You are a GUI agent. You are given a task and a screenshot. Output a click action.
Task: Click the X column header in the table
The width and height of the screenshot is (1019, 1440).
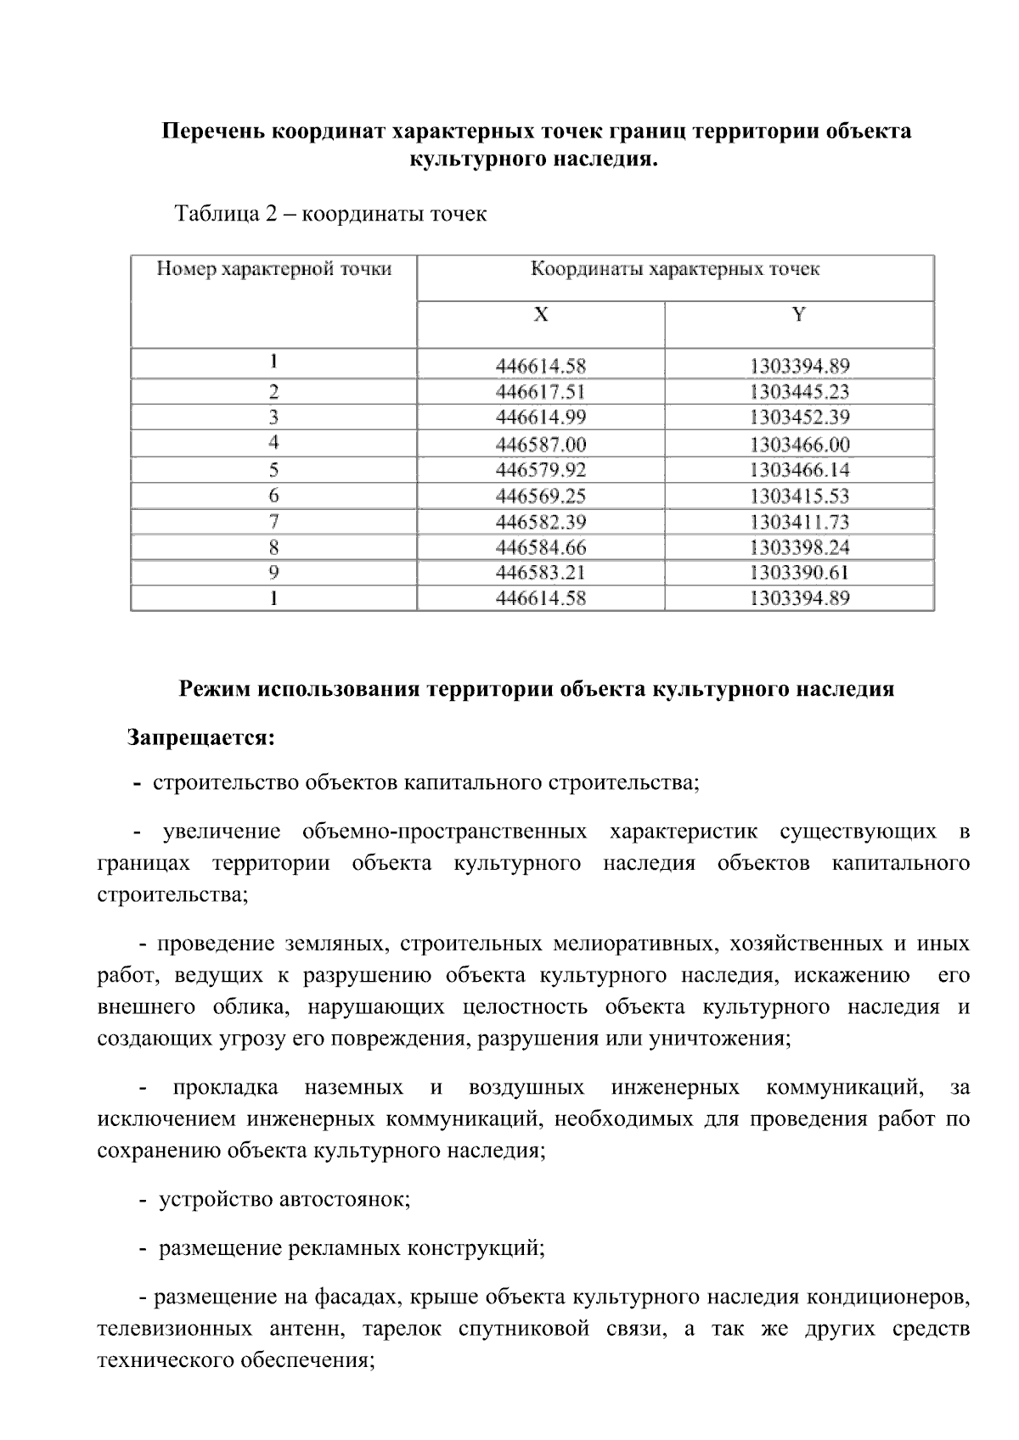pos(541,315)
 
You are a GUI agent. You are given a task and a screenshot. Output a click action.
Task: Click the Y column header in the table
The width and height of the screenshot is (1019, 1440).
pos(798,315)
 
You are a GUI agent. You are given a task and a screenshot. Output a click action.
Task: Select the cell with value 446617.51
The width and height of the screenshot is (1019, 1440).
pos(541,392)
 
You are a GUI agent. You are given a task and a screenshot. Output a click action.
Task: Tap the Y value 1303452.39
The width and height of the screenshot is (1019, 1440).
pos(799,417)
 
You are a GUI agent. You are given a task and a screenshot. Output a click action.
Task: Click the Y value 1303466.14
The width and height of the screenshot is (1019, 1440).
pos(799,470)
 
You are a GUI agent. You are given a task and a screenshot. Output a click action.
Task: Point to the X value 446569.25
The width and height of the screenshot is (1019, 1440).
pos(541,496)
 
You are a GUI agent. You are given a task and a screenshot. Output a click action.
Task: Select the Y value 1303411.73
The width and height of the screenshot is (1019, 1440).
pos(799,522)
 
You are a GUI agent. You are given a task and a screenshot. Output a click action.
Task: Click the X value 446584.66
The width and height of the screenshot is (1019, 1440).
pos(541,547)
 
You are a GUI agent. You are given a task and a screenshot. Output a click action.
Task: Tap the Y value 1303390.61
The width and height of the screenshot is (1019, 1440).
pos(799,573)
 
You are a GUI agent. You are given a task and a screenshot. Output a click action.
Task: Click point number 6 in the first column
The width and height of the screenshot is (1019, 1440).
pos(273,496)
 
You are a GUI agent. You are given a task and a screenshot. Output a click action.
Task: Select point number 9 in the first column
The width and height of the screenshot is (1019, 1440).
pos(273,573)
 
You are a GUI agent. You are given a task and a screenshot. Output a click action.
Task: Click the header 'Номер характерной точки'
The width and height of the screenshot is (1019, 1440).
pos(274,270)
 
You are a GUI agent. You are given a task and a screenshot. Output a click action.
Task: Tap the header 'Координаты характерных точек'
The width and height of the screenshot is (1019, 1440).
pos(675,270)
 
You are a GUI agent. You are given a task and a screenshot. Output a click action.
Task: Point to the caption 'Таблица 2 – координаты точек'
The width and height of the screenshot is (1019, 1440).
pos(330,213)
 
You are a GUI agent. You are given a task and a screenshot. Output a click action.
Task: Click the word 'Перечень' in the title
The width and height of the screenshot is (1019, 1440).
pos(212,132)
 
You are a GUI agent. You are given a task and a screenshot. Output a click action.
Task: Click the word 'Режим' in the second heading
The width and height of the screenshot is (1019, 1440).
pos(207,688)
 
